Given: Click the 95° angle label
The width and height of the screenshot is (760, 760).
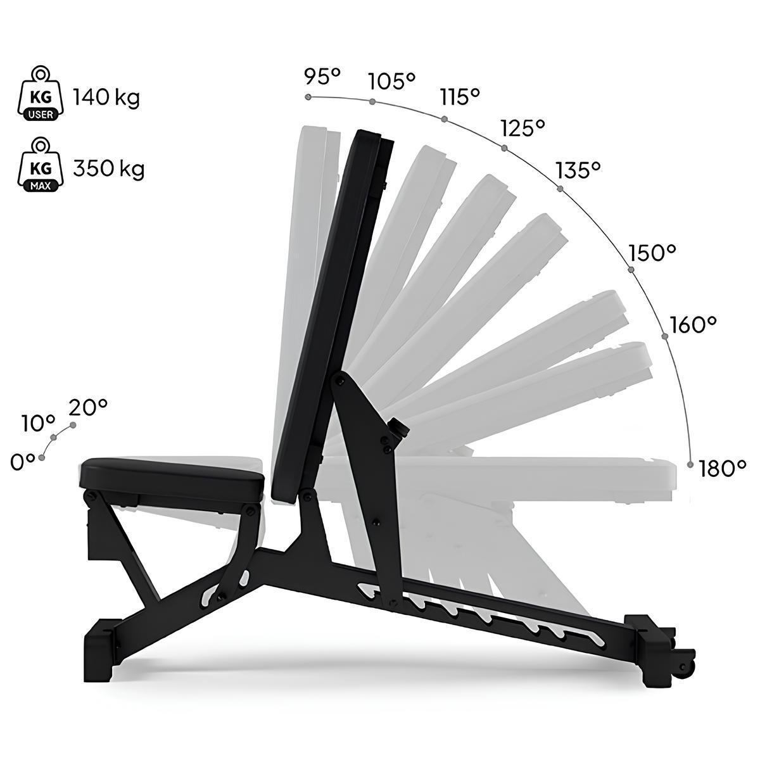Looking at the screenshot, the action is pos(322,76).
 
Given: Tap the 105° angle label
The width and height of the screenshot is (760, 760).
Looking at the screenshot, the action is pos(391,81).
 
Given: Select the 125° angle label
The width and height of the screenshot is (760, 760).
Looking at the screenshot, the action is pos(523,127).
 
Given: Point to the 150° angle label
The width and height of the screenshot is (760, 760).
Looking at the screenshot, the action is pos(652,253).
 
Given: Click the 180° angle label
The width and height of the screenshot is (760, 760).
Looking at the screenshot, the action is pos(723,468).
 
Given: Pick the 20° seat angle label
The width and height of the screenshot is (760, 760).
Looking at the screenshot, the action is pos(88,407).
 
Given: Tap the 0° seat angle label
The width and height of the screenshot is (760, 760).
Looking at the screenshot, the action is pos(23,462).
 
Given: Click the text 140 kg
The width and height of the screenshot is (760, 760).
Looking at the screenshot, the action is pos(106,97).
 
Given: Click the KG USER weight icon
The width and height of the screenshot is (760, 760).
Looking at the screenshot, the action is pos(41,93).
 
